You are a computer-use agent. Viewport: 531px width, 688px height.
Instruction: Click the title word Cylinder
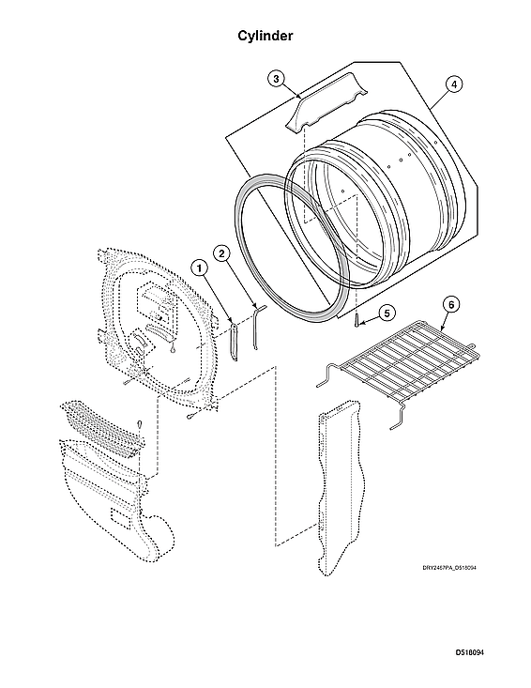pos(265,36)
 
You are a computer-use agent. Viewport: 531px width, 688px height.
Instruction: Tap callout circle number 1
pos(200,267)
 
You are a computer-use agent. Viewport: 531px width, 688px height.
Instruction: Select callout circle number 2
pos(221,252)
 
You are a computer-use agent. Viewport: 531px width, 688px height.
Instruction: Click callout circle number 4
pos(453,84)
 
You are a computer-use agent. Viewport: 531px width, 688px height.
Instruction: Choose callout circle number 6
pos(451,304)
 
